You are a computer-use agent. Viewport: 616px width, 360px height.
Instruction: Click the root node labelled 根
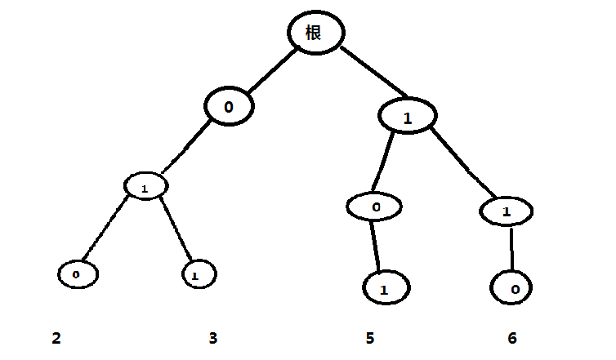pos(315,33)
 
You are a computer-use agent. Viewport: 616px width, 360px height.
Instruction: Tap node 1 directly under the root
pos(407,117)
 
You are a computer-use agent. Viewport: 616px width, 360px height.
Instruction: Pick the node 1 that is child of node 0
pos(145,187)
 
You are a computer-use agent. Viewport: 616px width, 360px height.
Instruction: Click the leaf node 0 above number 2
pos(78,274)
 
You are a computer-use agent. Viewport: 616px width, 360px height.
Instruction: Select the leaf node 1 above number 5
pos(384,288)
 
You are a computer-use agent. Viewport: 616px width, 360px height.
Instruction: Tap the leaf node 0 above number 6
pos(512,288)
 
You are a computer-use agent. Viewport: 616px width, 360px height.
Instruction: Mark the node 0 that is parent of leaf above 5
pos(376,207)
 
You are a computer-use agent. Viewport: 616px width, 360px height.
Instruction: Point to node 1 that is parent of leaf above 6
pos(507,211)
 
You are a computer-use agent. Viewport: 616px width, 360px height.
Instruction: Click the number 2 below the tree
pos(56,338)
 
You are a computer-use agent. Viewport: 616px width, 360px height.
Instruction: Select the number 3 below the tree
pos(212,338)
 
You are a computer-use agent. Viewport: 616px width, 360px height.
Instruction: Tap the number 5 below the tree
pos(370,338)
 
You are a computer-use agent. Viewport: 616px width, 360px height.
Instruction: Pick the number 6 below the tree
pos(511,338)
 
